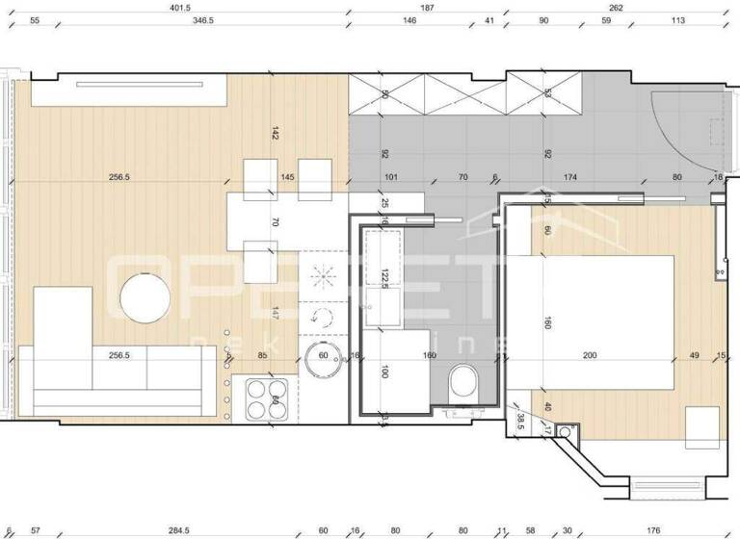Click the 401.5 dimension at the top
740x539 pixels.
click(x=180, y=7)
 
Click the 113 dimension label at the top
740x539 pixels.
click(x=678, y=20)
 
